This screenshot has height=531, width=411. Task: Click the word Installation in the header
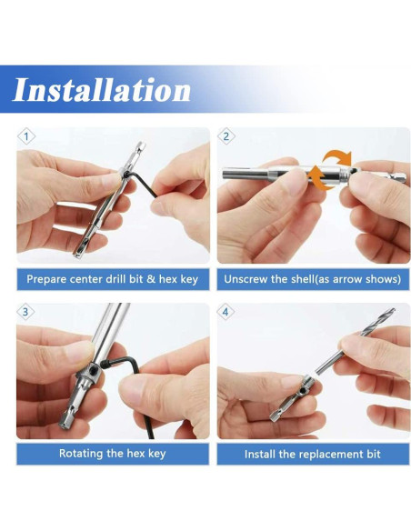click(x=102, y=90)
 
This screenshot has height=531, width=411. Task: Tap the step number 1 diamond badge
click(x=26, y=136)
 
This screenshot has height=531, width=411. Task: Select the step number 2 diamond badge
click(x=226, y=136)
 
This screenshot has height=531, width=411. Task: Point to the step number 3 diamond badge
click(x=25, y=312)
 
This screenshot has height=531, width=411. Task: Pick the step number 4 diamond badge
click(x=226, y=312)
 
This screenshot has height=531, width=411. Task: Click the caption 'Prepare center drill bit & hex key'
click(x=113, y=279)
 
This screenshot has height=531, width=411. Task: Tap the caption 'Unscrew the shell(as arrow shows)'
click(x=312, y=279)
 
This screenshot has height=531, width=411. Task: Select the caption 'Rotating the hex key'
click(x=113, y=454)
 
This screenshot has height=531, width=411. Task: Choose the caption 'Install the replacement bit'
click(x=312, y=454)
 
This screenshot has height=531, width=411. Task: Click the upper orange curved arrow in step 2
click(x=336, y=155)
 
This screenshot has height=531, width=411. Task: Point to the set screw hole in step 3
click(x=92, y=366)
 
